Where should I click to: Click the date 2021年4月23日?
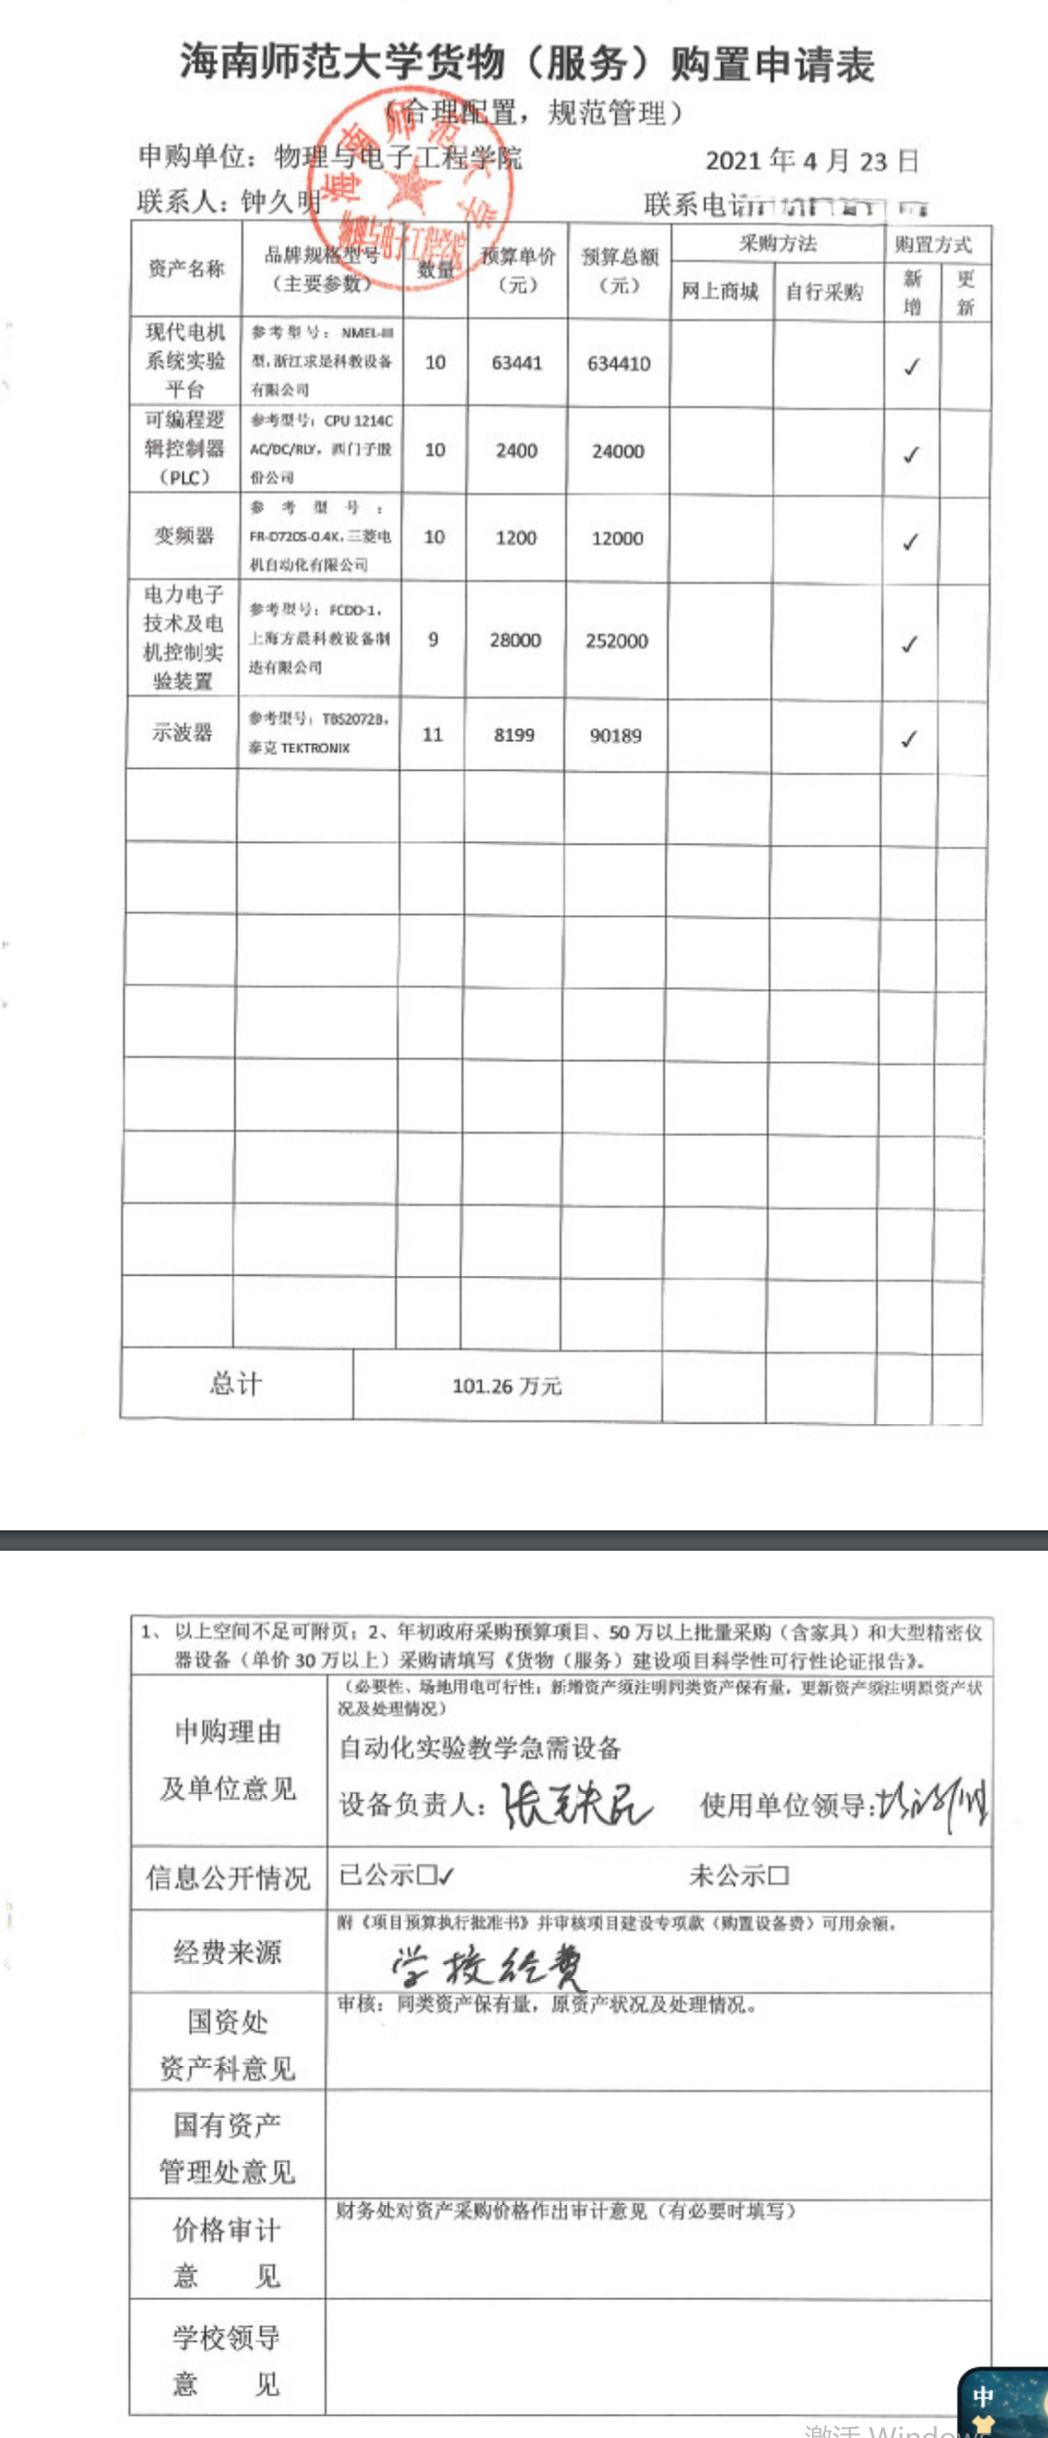tap(811, 161)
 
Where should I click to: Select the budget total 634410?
tap(619, 364)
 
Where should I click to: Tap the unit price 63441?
tap(516, 363)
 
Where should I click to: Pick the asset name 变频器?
tap(184, 537)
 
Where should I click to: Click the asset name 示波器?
tap(181, 733)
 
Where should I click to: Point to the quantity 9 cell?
tap(433, 639)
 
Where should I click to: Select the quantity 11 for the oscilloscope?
tap(432, 735)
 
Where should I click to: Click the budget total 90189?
tap(616, 736)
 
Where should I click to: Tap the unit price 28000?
tap(515, 641)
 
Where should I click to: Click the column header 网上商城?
tap(720, 291)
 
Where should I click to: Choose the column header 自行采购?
tap(825, 291)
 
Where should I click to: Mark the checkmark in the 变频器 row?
tap(910, 541)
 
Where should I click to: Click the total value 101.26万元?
tap(507, 1387)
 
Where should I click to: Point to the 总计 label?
tap(236, 1385)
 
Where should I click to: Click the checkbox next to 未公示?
tap(780, 1875)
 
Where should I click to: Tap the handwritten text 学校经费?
tap(488, 1967)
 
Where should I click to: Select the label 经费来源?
tap(227, 1951)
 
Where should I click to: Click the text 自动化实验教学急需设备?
tap(479, 1748)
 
